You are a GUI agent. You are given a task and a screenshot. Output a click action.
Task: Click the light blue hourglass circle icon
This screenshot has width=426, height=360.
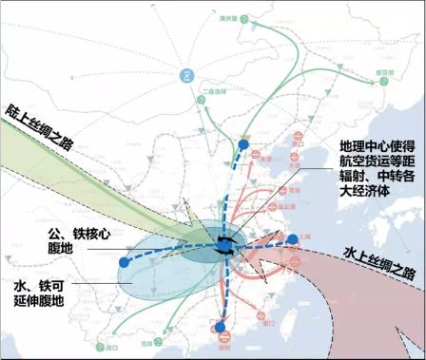[187, 75]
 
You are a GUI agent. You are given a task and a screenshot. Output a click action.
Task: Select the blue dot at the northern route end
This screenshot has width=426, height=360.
[245, 143]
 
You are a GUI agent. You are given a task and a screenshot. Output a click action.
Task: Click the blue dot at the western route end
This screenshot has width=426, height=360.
[125, 261]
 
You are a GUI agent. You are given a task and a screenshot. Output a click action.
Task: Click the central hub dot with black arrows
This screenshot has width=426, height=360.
[225, 246]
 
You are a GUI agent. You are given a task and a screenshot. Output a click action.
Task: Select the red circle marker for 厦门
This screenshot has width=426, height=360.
[271, 311]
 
